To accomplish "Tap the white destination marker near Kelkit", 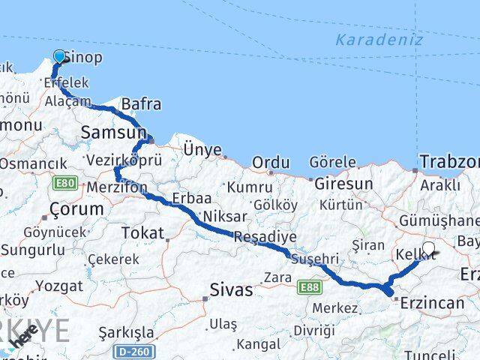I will point(428,248).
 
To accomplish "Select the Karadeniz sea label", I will point(379,40).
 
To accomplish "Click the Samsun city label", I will point(113,133).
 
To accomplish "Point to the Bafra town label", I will point(141,104).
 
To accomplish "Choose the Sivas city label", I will point(232,290).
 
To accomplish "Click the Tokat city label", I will point(142,233).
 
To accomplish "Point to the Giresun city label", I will point(343,183).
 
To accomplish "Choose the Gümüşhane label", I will point(439,220).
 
